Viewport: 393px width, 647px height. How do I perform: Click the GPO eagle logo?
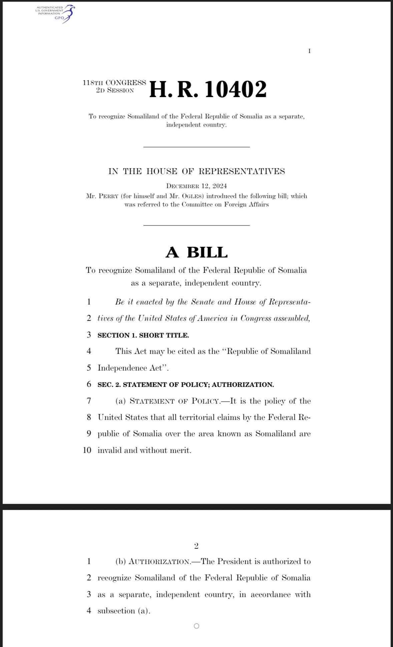tap(68, 14)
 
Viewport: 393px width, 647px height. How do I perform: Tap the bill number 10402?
tap(236, 89)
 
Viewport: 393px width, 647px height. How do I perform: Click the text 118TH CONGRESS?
tap(114, 83)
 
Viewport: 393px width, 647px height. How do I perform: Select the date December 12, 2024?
tap(196, 186)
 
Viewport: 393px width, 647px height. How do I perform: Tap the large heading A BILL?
tap(196, 252)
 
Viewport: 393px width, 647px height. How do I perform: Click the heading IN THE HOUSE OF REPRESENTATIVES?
tap(196, 171)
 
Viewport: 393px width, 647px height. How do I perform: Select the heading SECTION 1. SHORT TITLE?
tap(143, 336)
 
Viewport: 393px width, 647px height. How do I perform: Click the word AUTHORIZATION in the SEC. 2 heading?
tap(243, 385)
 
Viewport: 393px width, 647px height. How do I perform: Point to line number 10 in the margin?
tap(87, 450)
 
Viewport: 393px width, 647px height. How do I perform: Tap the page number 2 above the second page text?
tap(196, 546)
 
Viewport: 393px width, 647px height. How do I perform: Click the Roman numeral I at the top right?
tap(310, 51)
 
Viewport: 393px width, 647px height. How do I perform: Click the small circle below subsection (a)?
tap(196, 626)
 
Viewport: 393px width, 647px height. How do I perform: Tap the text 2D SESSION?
tap(115, 90)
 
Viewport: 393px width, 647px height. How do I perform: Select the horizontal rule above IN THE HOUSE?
tap(196, 147)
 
